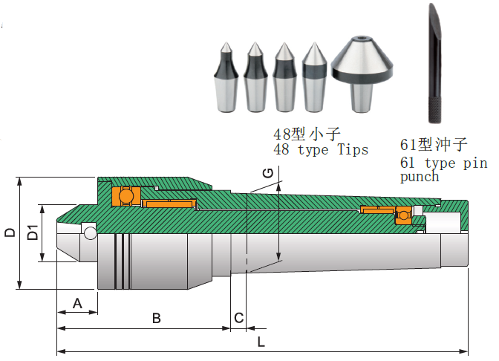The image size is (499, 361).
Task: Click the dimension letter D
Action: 10,232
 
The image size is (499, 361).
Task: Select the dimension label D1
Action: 33,232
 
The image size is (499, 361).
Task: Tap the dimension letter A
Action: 76,302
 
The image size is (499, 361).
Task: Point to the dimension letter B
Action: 157,319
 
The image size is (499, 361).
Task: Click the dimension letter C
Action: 238,318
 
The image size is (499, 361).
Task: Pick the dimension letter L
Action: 261,342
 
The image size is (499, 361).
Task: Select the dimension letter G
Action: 268,174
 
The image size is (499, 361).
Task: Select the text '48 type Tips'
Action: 321,150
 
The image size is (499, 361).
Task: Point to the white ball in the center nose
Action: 91,233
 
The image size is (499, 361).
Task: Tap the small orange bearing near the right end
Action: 403,215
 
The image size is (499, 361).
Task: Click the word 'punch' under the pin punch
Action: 420,177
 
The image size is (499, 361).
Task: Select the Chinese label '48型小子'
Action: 306,134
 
